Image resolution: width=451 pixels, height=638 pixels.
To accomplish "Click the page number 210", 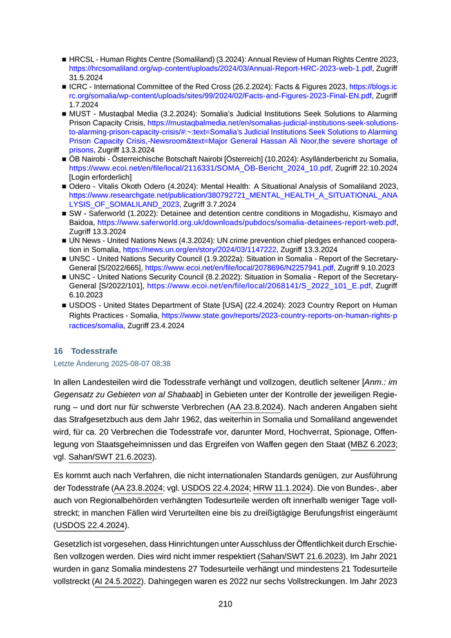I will [225, 604].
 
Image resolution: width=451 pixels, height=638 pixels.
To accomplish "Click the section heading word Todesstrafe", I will [94, 351].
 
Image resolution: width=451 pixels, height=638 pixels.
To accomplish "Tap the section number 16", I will [58, 351].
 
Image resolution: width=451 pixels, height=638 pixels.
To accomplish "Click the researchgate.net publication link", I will [233, 194].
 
